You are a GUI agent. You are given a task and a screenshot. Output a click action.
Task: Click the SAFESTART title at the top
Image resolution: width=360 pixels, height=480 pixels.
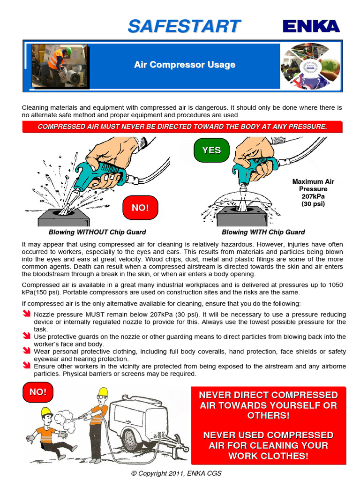(184, 27)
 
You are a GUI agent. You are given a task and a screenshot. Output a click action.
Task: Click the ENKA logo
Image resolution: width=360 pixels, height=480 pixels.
(311, 27)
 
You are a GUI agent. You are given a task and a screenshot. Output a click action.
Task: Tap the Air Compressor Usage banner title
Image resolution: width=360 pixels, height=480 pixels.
(184, 65)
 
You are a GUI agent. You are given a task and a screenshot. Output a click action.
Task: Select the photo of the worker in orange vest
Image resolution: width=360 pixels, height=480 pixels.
(59, 66)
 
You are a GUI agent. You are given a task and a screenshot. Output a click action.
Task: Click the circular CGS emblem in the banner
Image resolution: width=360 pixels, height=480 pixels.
(310, 66)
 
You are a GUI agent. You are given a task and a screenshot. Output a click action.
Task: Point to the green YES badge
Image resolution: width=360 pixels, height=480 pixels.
(211, 150)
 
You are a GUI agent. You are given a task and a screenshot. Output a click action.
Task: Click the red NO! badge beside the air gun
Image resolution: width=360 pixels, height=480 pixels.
(140, 208)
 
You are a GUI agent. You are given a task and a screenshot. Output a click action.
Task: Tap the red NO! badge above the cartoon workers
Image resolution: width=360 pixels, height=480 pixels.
(38, 392)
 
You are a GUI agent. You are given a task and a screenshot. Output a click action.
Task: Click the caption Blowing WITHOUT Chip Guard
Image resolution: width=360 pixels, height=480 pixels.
(97, 232)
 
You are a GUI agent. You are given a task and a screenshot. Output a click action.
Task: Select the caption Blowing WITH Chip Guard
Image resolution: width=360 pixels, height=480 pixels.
(263, 232)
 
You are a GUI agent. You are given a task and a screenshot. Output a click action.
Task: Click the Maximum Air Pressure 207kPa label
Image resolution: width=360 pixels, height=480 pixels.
(313, 192)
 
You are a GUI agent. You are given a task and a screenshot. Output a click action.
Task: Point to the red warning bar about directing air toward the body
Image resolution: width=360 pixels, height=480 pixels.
(182, 127)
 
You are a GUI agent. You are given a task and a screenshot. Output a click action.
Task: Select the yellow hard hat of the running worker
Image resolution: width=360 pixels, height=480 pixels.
(45, 412)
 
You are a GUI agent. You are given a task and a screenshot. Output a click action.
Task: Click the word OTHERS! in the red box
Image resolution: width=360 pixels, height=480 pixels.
(268, 416)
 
